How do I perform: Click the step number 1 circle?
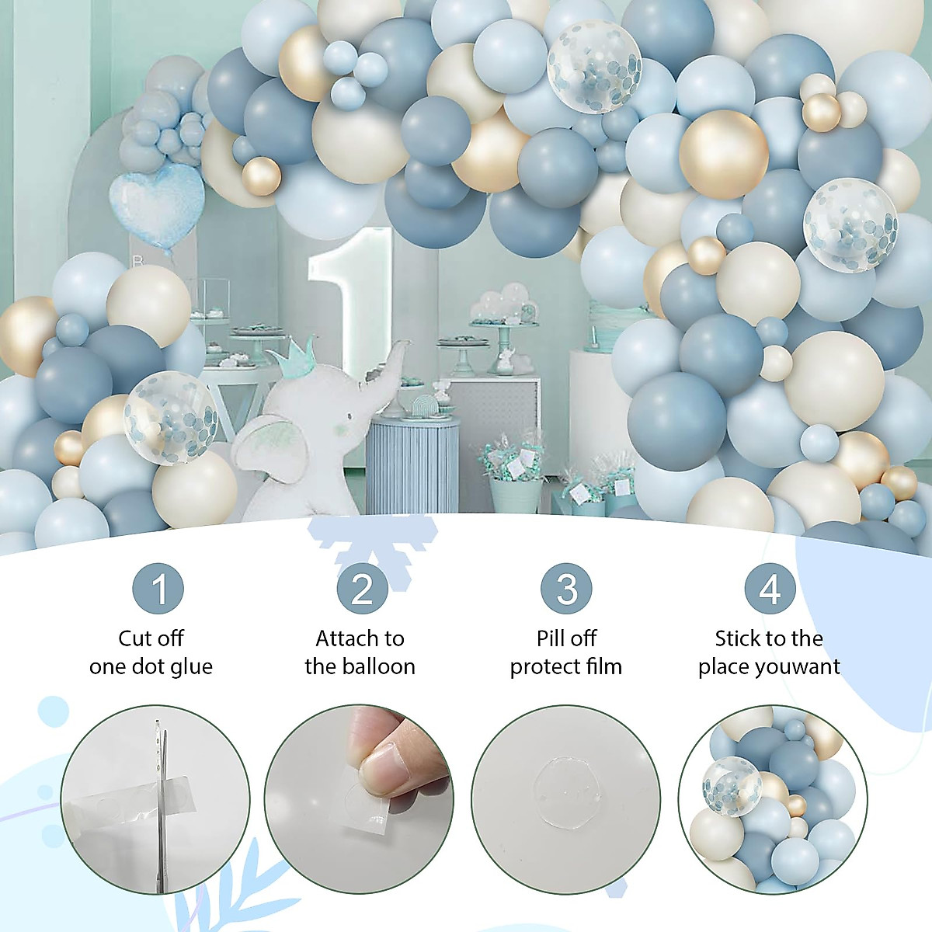[158, 589]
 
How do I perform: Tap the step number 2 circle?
[362, 589]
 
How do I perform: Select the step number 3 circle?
[567, 589]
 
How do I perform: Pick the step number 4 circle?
[770, 589]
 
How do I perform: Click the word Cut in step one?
[134, 638]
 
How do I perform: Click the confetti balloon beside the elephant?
[170, 419]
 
